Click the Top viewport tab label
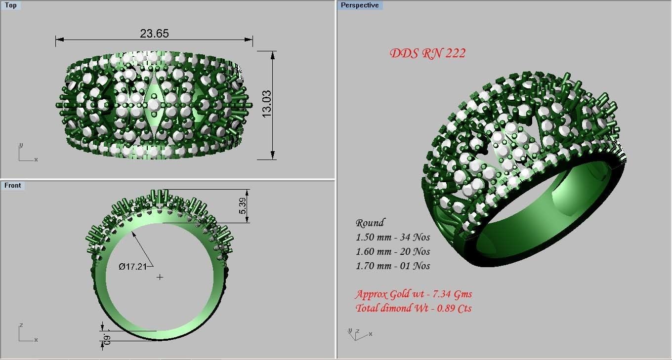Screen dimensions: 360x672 click(10, 5)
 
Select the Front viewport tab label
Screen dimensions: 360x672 click(13, 186)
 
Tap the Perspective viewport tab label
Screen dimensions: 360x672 click(359, 5)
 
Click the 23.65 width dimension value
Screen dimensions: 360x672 click(154, 34)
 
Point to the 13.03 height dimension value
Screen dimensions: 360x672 click(266, 104)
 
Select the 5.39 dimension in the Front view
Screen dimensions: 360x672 click(243, 205)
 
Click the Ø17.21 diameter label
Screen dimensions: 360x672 click(133, 267)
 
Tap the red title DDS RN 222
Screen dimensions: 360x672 click(427, 53)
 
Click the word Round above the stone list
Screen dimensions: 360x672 click(370, 223)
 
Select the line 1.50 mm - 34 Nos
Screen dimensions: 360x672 click(393, 238)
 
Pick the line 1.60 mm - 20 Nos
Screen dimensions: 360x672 click(393, 252)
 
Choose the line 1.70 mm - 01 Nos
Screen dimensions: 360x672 click(393, 266)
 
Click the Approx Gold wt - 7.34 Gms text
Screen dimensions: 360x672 click(414, 294)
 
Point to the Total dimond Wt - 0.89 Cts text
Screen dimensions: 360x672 click(414, 309)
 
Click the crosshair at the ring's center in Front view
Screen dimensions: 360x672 click(160, 277)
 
